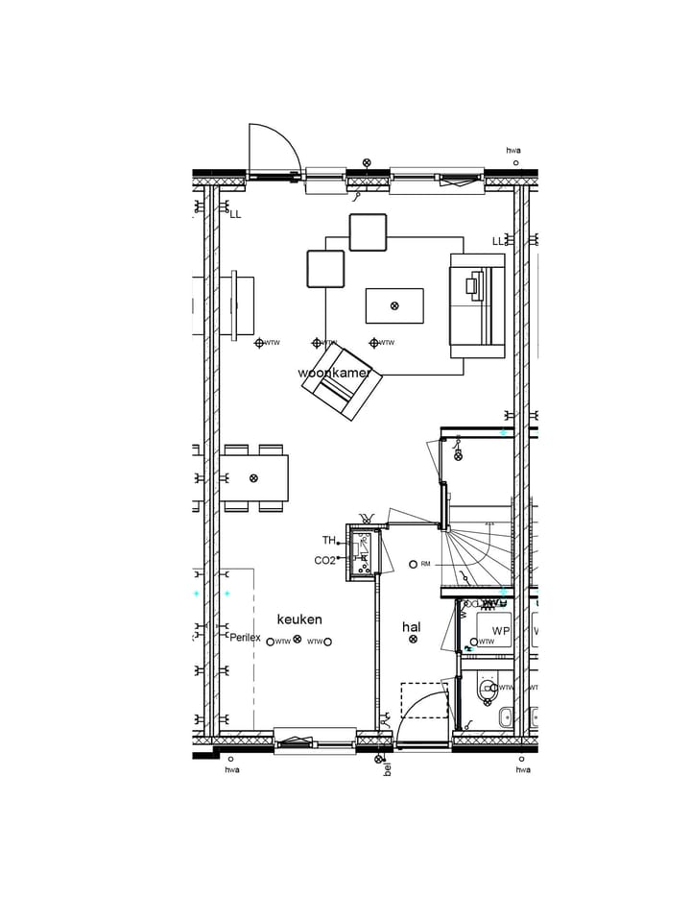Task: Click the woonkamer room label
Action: (x=334, y=373)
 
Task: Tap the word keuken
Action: (x=299, y=619)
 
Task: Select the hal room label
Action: (x=412, y=626)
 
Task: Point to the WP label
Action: (x=500, y=631)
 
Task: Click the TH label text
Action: (x=328, y=541)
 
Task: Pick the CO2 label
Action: (x=324, y=561)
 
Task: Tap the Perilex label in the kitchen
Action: (x=244, y=638)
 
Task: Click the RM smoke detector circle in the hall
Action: (x=413, y=564)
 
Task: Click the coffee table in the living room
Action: (x=393, y=306)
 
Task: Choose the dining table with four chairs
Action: (x=254, y=477)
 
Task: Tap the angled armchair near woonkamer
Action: (x=342, y=382)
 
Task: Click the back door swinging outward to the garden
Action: (x=274, y=151)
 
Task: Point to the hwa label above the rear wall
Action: (x=513, y=150)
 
